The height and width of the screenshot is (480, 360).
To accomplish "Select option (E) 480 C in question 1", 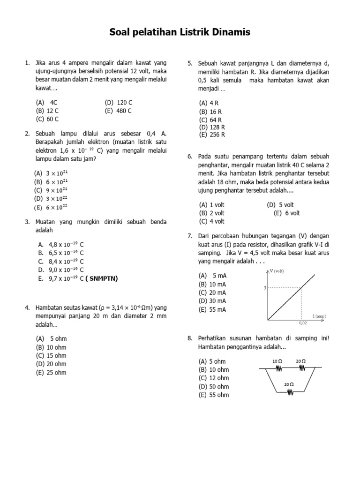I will (119, 111).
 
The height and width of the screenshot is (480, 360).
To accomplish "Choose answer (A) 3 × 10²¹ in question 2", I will (51, 173).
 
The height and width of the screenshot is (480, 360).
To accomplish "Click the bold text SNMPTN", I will (103, 278).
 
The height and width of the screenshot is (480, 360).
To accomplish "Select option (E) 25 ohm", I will (51, 373).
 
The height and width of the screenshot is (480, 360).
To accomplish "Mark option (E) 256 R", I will (212, 135).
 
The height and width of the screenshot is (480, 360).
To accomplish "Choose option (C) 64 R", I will (210, 120).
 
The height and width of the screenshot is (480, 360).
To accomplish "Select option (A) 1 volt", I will (212, 205).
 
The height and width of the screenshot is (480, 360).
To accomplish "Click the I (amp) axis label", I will (319, 316).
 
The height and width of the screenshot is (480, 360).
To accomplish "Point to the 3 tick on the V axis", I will (264, 288).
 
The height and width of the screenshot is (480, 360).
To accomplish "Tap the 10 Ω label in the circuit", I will (277, 361).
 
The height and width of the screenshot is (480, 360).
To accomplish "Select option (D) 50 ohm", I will (214, 387).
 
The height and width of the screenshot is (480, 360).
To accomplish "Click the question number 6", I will (190, 157).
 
